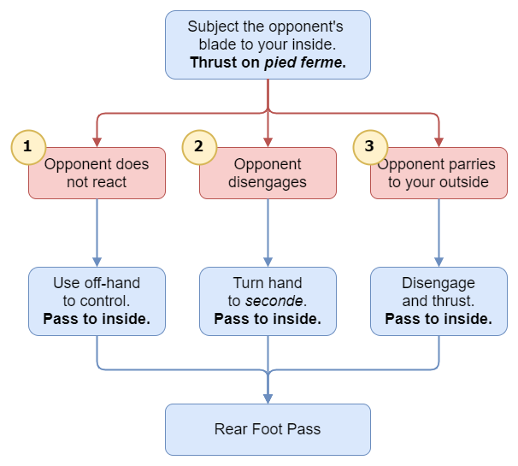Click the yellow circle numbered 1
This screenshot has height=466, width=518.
27,146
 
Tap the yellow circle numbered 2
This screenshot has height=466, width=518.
198,146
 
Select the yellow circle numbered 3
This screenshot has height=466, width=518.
369,146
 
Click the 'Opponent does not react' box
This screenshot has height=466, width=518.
97,174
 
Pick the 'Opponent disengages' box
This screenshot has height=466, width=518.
268,174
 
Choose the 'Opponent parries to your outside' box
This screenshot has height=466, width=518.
439,174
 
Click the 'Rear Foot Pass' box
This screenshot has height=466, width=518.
268,429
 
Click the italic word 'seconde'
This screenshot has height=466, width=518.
276,301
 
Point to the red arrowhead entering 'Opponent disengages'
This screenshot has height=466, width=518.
268,142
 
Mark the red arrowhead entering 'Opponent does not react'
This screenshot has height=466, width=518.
97,142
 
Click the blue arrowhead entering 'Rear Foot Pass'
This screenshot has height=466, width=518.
268,398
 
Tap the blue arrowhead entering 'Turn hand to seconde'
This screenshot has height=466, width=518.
268,262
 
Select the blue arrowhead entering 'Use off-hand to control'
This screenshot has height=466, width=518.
97,262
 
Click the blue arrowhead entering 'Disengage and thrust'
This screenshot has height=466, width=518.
439,262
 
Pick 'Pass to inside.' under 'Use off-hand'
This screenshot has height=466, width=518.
97,319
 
